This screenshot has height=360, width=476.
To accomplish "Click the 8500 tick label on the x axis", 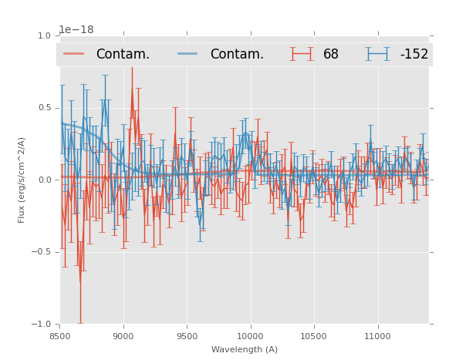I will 60,336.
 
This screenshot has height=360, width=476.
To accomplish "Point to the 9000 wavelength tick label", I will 123,336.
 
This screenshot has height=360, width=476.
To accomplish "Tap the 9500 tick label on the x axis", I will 187,336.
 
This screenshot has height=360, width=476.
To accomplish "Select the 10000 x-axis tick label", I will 250,336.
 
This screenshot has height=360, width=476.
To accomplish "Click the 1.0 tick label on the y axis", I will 43,35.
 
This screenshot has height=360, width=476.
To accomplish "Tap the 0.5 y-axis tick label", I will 43,108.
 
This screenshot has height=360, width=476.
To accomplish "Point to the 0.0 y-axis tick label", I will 43,180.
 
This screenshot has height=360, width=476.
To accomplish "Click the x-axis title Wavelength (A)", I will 245,349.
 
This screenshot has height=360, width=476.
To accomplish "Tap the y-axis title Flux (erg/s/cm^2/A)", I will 22,180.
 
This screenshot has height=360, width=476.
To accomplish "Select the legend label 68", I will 331,55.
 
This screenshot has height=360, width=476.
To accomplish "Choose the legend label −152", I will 414,55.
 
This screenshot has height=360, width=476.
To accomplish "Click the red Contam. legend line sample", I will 75,54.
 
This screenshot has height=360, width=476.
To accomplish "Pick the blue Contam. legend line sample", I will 189,54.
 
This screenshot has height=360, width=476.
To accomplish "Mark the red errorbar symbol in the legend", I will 302,54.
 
